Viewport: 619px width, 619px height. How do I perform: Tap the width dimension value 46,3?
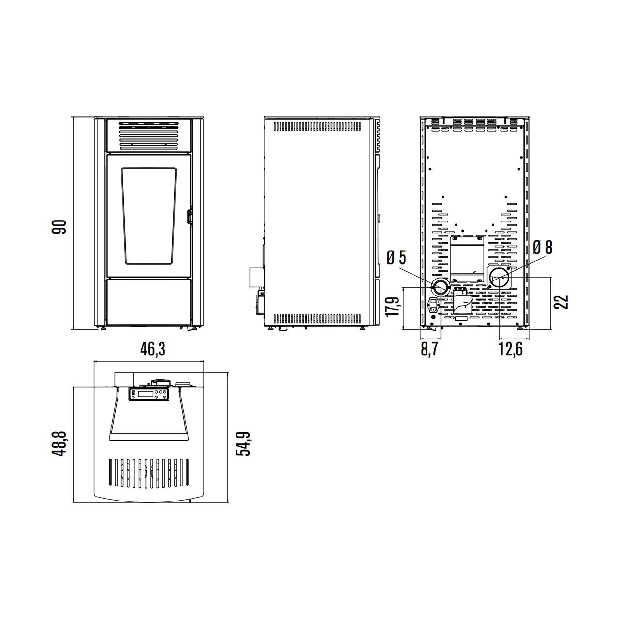(x=153, y=349)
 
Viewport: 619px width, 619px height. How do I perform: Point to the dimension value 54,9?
(x=243, y=443)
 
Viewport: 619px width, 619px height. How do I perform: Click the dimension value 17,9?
(x=393, y=307)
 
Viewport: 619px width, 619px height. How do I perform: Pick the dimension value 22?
(x=561, y=302)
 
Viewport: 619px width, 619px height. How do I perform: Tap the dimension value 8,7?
(x=429, y=349)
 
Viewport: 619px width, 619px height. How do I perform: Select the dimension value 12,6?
(x=511, y=349)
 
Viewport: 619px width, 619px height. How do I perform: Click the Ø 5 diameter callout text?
(x=397, y=257)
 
